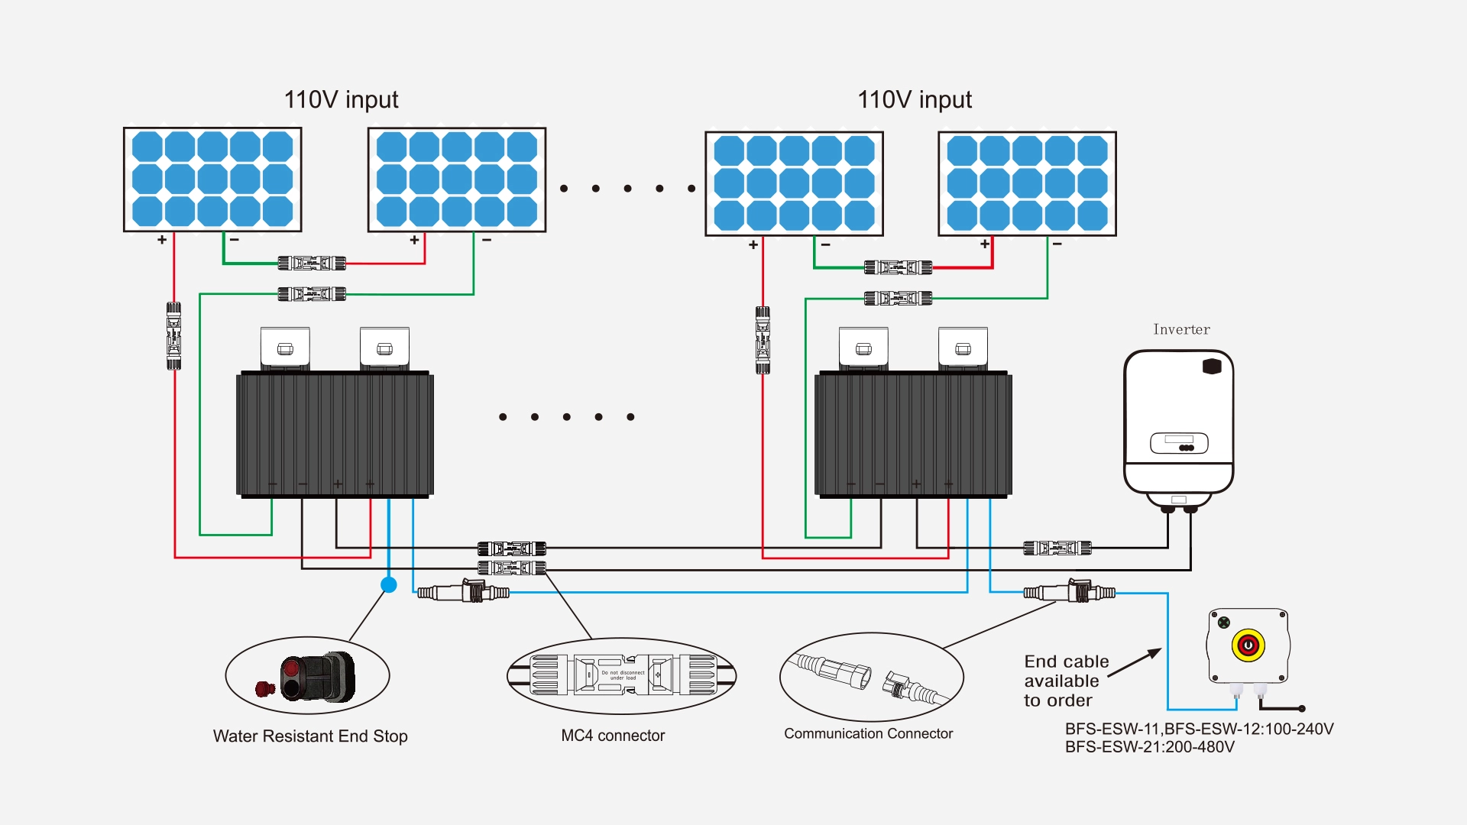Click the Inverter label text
[1181, 330]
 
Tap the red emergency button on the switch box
[1248, 645]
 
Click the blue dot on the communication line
[389, 585]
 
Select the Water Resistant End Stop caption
[310, 736]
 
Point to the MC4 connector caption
[613, 736]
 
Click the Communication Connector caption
[868, 734]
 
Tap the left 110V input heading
[341, 100]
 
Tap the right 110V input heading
[915, 100]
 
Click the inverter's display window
[1179, 443]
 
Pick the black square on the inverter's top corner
[1212, 367]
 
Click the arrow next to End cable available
[1135, 663]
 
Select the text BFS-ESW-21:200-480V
[1149, 747]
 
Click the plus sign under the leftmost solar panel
[162, 240]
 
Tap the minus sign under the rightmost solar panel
[1057, 244]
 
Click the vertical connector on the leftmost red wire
[174, 336]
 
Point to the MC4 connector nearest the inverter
[1057, 548]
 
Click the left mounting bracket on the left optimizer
[285, 348]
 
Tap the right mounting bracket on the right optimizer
[963, 349]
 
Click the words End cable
[1067, 662]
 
